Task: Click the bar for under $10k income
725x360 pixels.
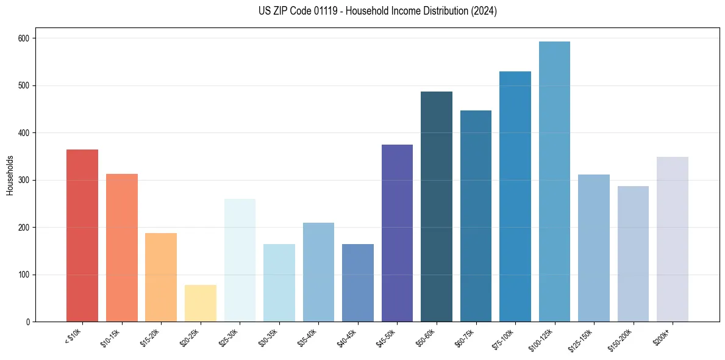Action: point(82,236)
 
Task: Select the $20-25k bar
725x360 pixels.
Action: point(200,303)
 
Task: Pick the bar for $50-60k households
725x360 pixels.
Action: point(437,207)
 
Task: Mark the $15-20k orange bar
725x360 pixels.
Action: point(161,278)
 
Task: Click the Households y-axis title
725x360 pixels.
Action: point(10,175)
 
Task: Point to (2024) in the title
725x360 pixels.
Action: point(483,11)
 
